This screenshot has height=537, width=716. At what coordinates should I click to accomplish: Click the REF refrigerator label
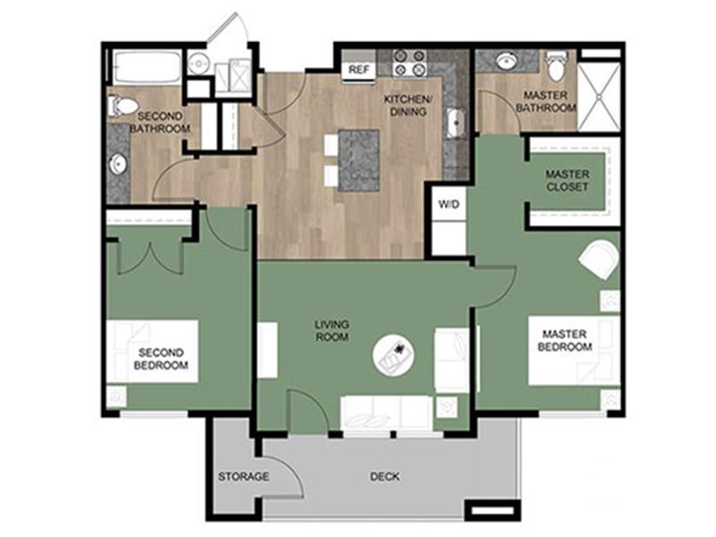[x=359, y=70]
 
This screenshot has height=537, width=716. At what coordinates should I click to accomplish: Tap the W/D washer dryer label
[x=449, y=204]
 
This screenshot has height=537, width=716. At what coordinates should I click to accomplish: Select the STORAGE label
[x=243, y=477]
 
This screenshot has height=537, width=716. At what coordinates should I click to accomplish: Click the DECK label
[x=385, y=477]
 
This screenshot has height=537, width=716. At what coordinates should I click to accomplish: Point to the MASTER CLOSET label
[x=567, y=181]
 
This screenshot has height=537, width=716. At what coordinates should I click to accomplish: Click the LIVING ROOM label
[x=332, y=330]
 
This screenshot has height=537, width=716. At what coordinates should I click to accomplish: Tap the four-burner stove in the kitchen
[x=410, y=63]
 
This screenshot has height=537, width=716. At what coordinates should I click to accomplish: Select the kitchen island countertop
[x=359, y=160]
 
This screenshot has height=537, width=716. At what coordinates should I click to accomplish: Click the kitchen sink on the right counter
[x=455, y=123]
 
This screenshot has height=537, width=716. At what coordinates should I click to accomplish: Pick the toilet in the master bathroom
[x=556, y=66]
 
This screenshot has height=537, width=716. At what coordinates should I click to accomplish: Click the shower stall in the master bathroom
[x=599, y=97]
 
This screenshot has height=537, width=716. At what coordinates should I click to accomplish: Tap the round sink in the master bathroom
[x=506, y=62]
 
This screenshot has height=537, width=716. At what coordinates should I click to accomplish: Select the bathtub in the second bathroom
[x=148, y=68]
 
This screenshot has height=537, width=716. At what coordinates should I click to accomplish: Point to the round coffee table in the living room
[x=394, y=355]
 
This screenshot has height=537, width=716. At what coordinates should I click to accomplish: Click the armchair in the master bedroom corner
[x=599, y=260]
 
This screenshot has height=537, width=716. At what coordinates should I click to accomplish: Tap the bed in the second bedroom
[x=152, y=351]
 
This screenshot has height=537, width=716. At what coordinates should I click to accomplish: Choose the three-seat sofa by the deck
[x=387, y=413]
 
